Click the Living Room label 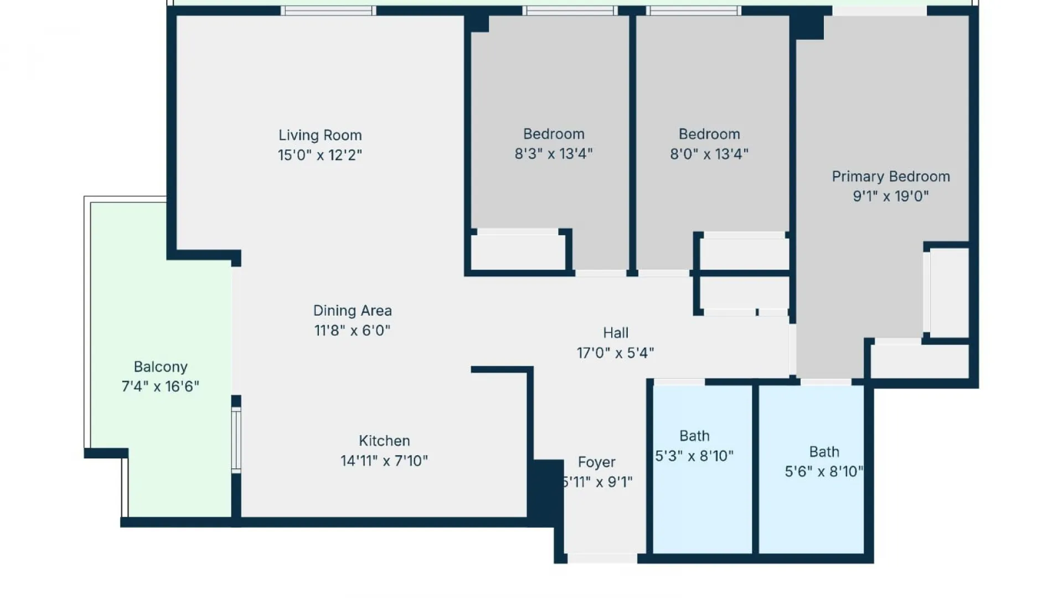320,135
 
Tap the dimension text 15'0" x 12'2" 320,155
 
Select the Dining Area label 352,311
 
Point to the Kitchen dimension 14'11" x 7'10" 384,461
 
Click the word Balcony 161,367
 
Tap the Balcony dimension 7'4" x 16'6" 161,386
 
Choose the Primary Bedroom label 890,177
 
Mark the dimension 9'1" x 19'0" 890,196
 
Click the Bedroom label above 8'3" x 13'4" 554,134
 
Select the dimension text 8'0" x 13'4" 709,154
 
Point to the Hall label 616,333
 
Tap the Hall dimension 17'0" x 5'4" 616,353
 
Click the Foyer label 596,462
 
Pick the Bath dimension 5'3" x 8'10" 694,456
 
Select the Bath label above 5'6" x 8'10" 824,452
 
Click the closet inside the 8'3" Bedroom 518,252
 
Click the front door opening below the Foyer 602,558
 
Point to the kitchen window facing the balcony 236,440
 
